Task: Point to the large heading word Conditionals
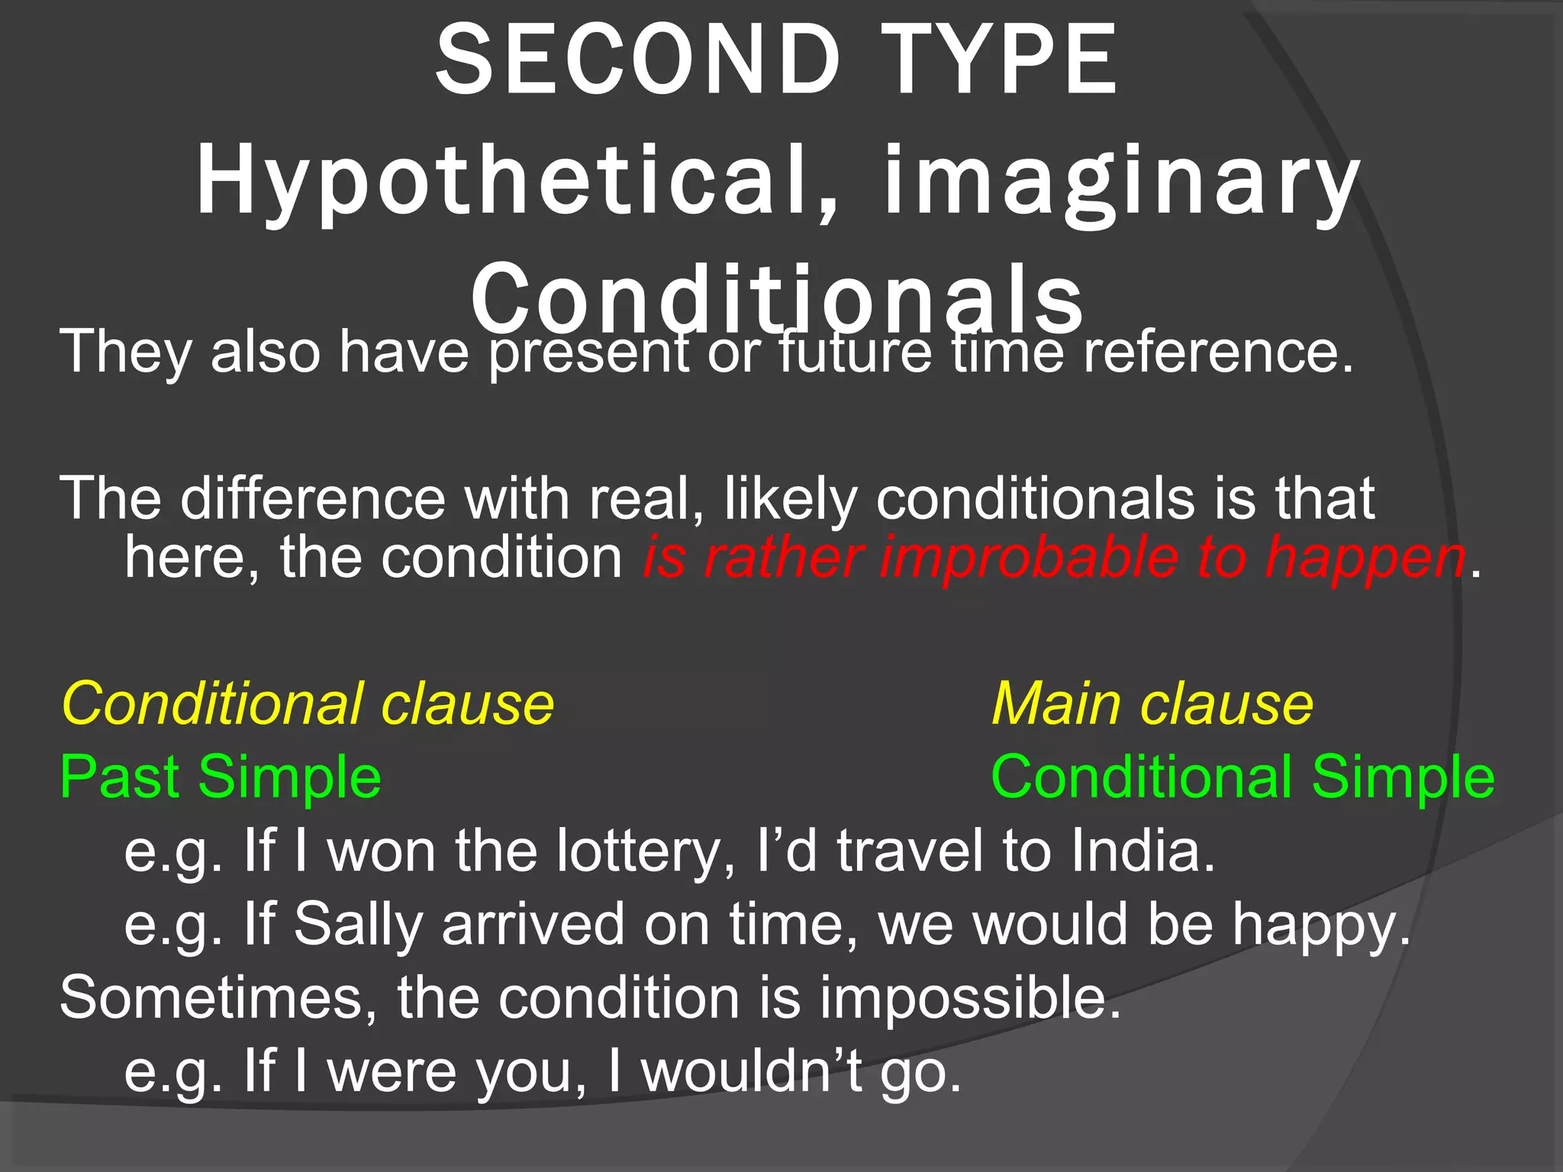point(777,298)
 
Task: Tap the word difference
point(313,498)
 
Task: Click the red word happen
point(1366,559)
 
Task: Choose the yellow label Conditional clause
point(308,704)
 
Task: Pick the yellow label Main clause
point(1152,704)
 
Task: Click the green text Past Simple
point(221,777)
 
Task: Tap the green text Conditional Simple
point(1242,777)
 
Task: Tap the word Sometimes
point(218,998)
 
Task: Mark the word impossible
point(970,998)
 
